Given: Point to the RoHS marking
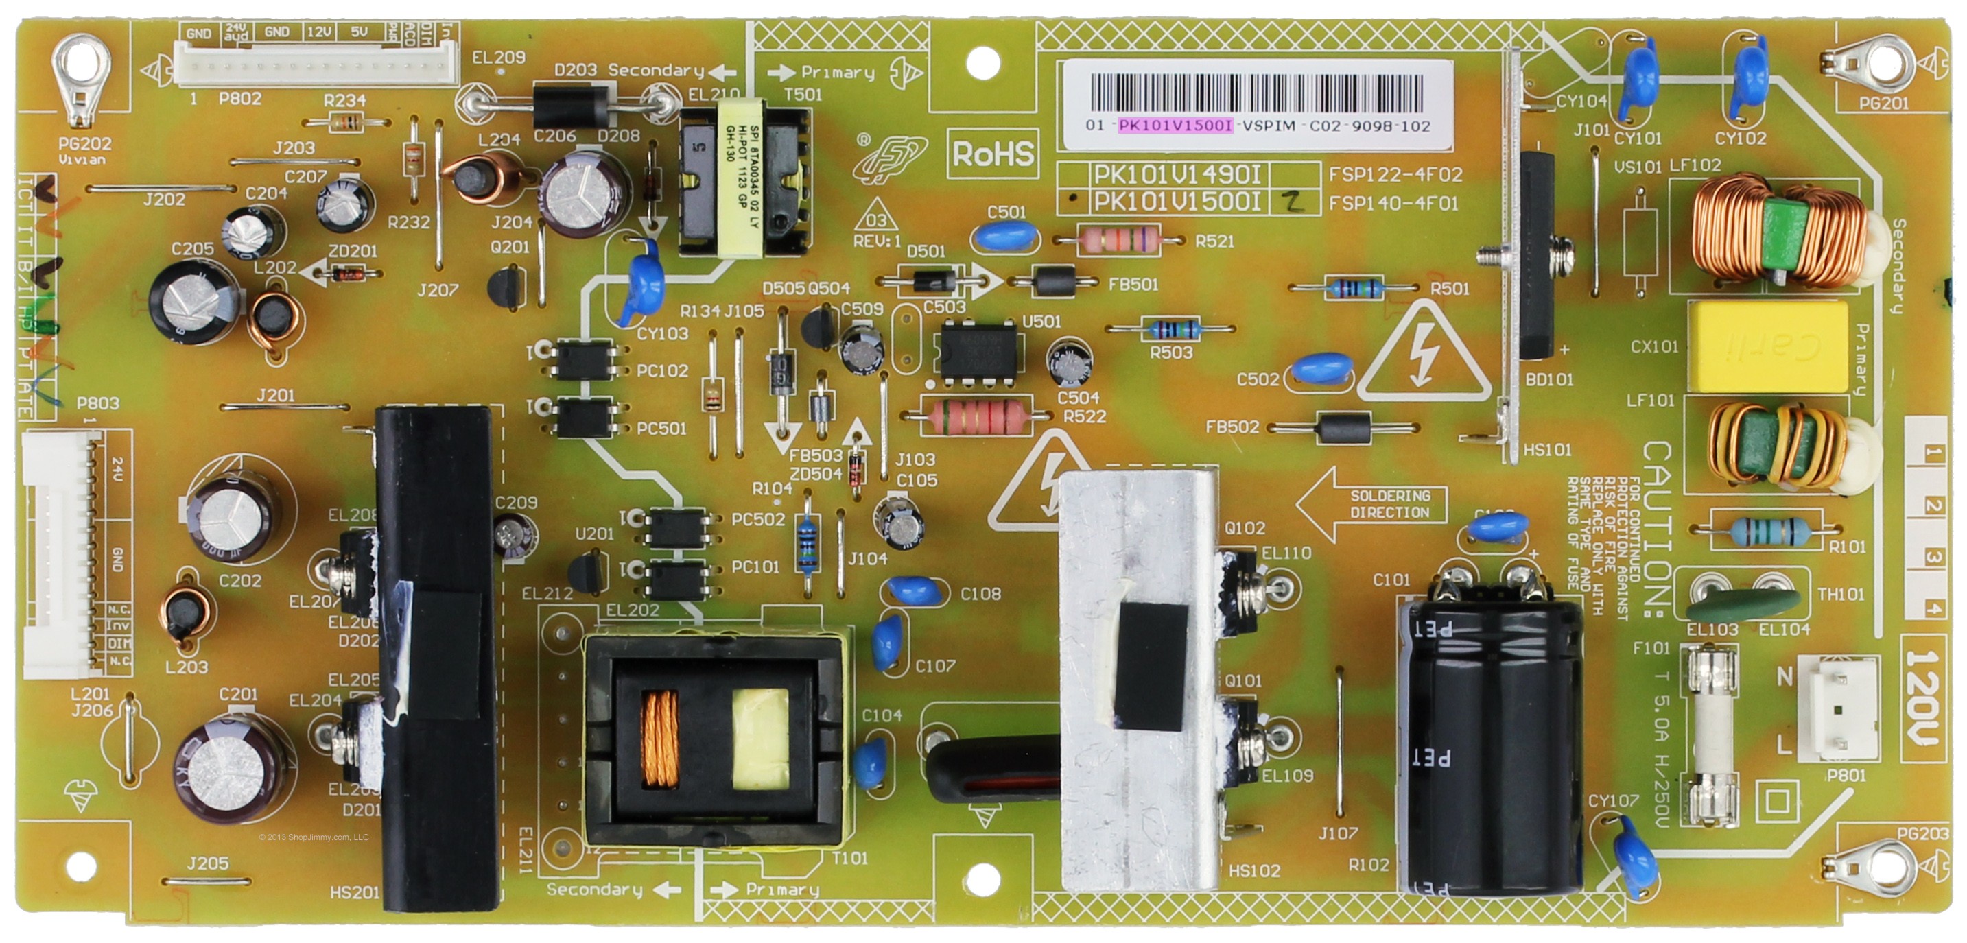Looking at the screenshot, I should pyautogui.click(x=993, y=154).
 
